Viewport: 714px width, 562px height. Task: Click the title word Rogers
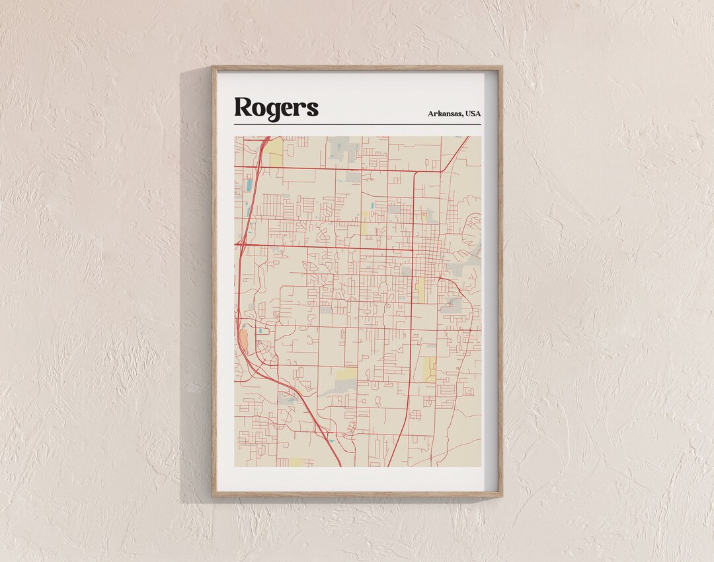[276, 108]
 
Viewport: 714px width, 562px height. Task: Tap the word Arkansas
[445, 114]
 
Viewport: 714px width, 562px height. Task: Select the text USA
[473, 114]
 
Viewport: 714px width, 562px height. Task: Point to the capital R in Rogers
[243, 107]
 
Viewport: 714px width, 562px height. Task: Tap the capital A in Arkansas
[431, 114]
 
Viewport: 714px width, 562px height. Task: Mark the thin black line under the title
[357, 124]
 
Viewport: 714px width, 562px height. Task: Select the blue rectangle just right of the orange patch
[260, 330]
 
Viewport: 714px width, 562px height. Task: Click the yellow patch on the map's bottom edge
[295, 462]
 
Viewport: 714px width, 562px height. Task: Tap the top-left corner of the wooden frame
[214, 67]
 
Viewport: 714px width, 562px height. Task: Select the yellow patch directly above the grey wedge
[346, 375]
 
